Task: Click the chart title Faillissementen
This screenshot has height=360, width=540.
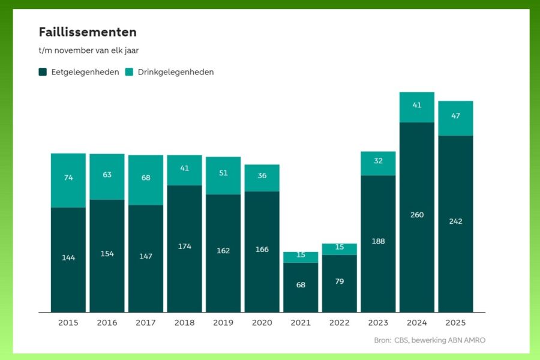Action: [88, 32]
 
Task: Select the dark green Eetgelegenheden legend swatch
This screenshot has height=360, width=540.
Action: [43, 72]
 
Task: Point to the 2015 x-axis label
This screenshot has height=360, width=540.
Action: [68, 323]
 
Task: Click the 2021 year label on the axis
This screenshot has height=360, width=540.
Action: [301, 323]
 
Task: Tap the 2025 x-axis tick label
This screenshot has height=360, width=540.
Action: [455, 323]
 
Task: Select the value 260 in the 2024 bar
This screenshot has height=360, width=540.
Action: [417, 215]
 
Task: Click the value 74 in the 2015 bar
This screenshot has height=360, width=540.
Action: [68, 178]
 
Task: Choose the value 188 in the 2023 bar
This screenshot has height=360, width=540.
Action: [378, 241]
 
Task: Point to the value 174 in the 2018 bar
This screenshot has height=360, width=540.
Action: [185, 246]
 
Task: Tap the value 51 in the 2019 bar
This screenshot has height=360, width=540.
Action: [223, 173]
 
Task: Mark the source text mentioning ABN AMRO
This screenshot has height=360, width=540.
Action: [430, 340]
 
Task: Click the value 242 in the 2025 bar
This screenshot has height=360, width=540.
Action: [455, 221]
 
